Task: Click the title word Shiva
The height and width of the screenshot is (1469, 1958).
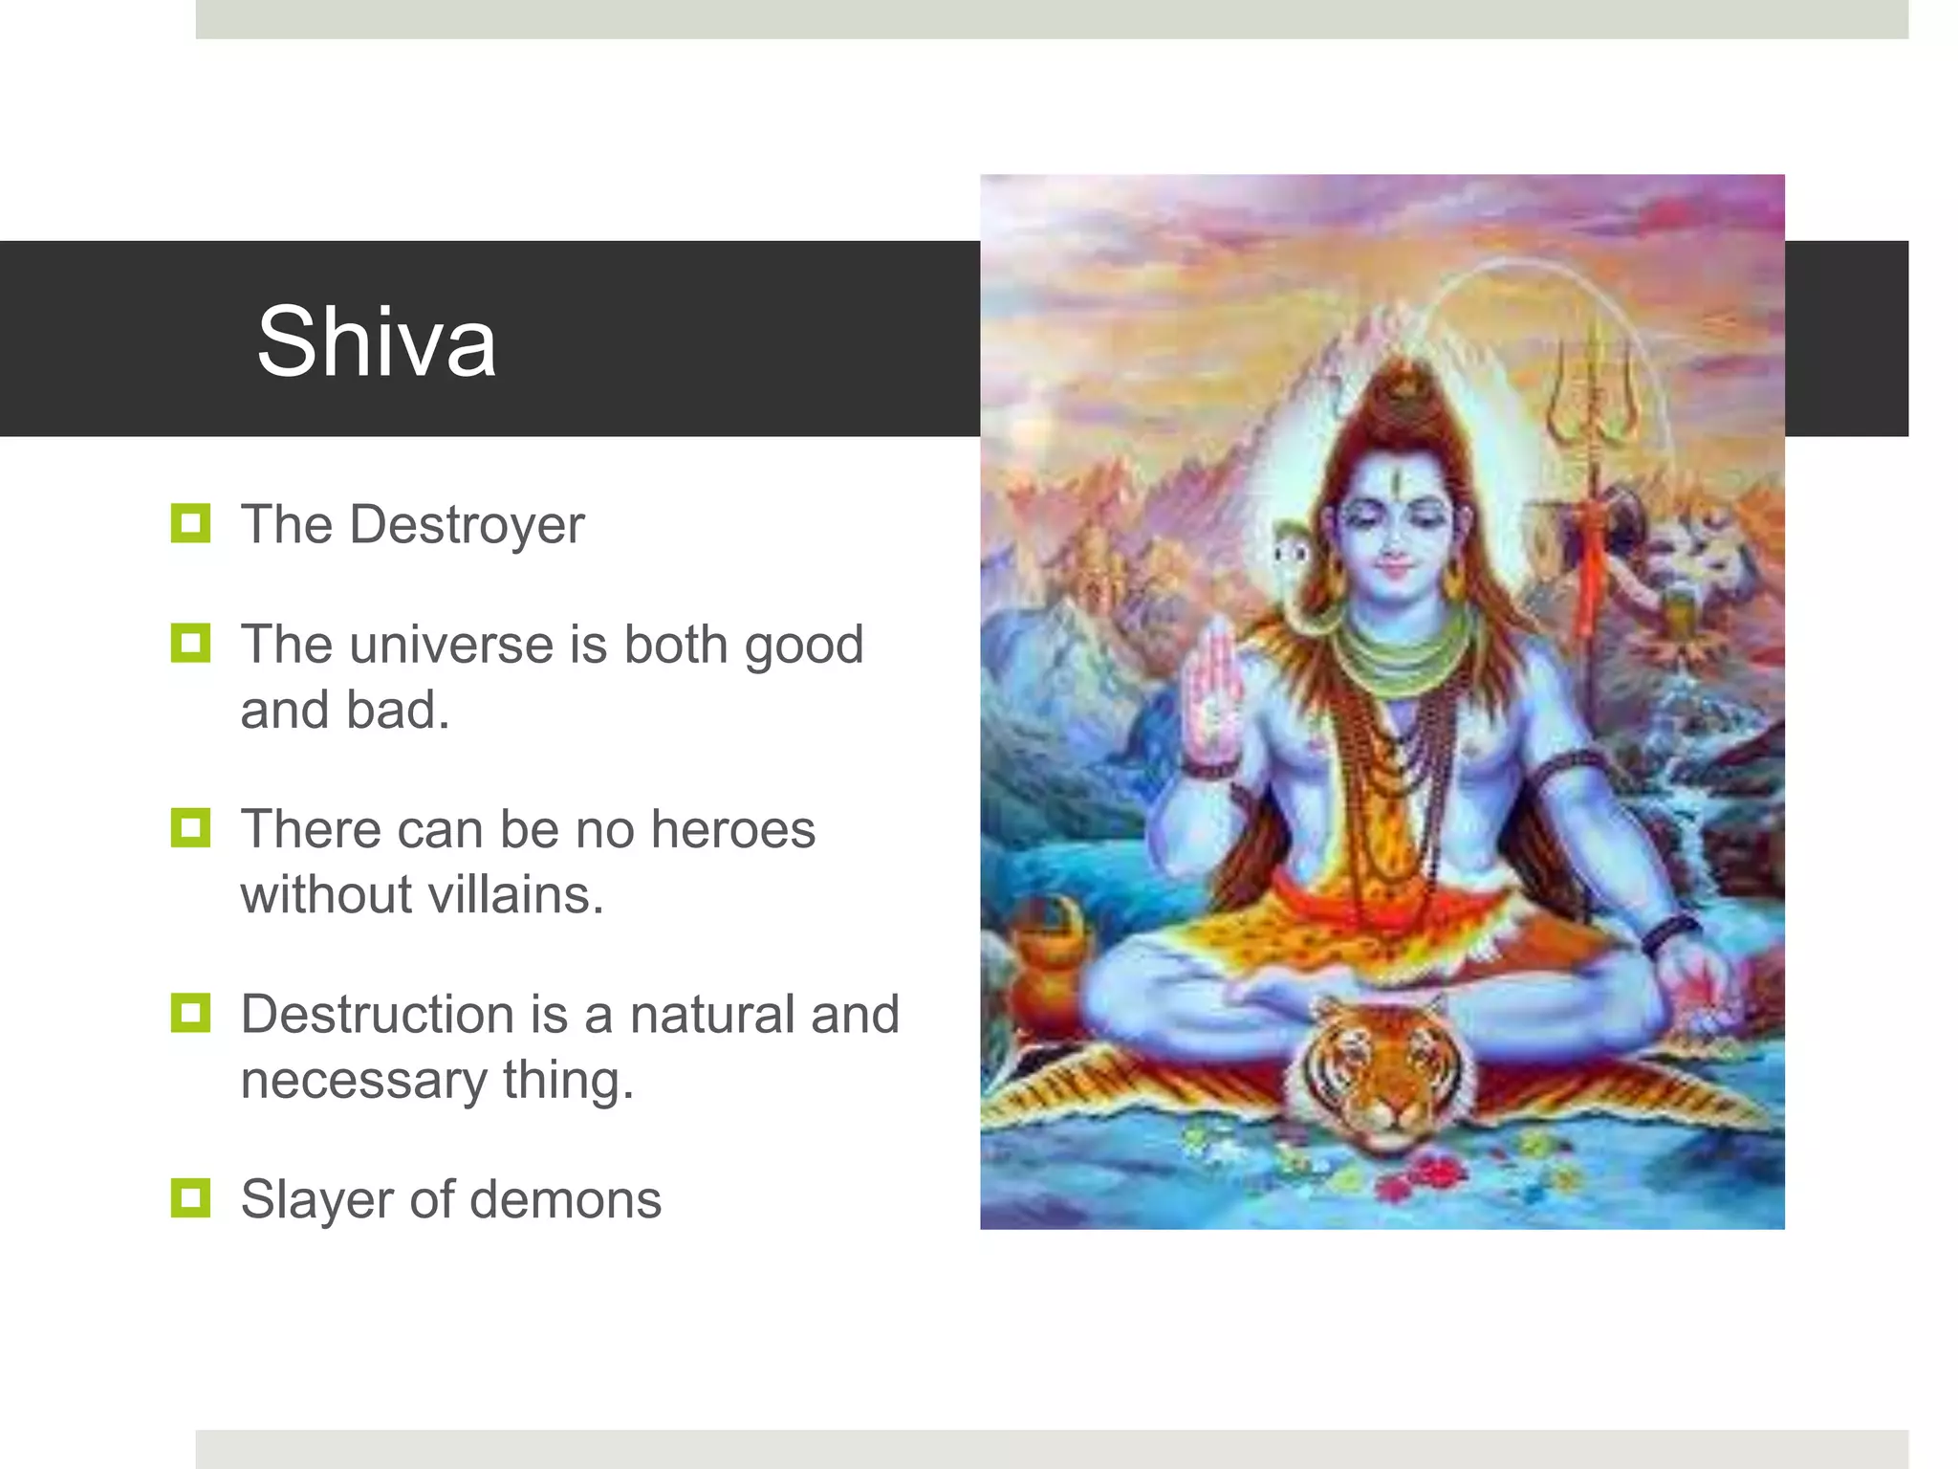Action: (377, 341)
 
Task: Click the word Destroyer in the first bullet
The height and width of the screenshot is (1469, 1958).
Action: (467, 525)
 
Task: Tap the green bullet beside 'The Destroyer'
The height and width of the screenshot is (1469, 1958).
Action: (190, 523)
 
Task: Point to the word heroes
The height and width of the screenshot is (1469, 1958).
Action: (732, 829)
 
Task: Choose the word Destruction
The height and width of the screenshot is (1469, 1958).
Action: (378, 1015)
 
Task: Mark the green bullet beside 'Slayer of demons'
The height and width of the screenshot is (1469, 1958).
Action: (190, 1197)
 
